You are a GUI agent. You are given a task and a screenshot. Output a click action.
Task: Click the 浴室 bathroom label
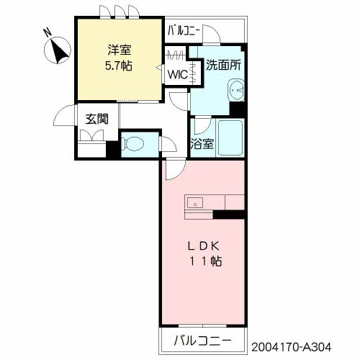[x=202, y=143]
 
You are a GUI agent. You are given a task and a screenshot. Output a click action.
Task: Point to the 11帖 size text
[x=205, y=261]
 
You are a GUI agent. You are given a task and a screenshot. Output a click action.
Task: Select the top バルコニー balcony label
[x=185, y=31]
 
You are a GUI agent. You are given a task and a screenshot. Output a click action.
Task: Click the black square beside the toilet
[x=112, y=151]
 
